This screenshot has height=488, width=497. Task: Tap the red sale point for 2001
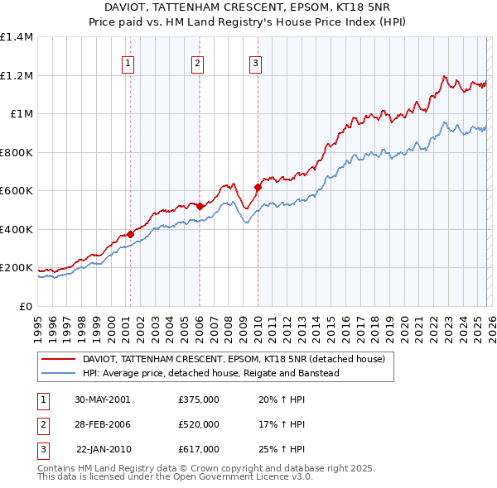click(x=131, y=235)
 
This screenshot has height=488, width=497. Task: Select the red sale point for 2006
click(x=200, y=204)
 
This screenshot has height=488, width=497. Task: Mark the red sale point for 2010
click(x=258, y=187)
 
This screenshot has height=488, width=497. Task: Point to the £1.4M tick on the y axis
click(x=17, y=37)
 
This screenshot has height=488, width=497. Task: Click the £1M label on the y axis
click(x=22, y=114)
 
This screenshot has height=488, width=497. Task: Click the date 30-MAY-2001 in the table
click(x=102, y=399)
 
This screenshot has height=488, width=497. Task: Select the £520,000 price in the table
click(x=198, y=424)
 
